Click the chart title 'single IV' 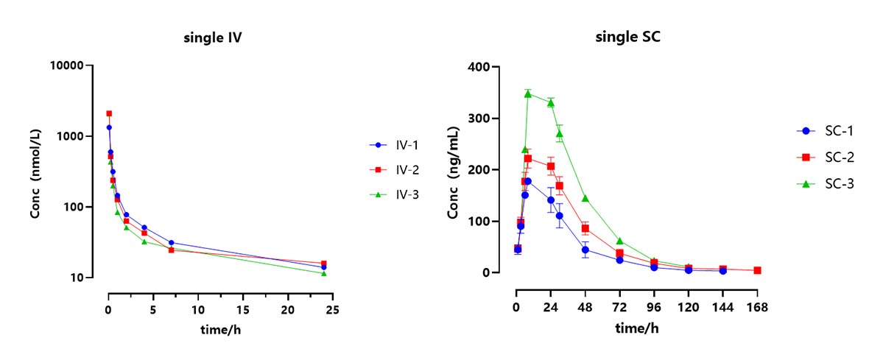(x=213, y=39)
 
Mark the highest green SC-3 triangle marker (x=528, y=93)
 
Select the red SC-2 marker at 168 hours (x=757, y=270)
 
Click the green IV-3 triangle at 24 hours (x=324, y=273)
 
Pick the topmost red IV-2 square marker (x=109, y=113)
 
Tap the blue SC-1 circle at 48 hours (x=585, y=250)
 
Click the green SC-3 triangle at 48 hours (x=585, y=198)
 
